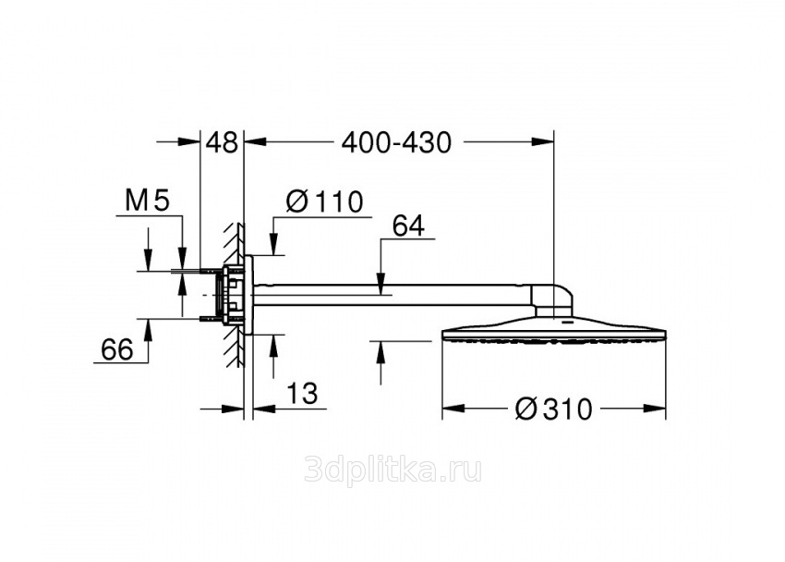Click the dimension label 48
pos(223,142)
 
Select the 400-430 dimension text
pos(396,142)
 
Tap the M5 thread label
pos(148,201)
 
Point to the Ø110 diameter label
pos(324,202)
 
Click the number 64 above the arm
pos(408,226)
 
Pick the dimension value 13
pos(302,393)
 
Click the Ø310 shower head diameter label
pos(554,409)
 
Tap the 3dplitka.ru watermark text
pos(393,470)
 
